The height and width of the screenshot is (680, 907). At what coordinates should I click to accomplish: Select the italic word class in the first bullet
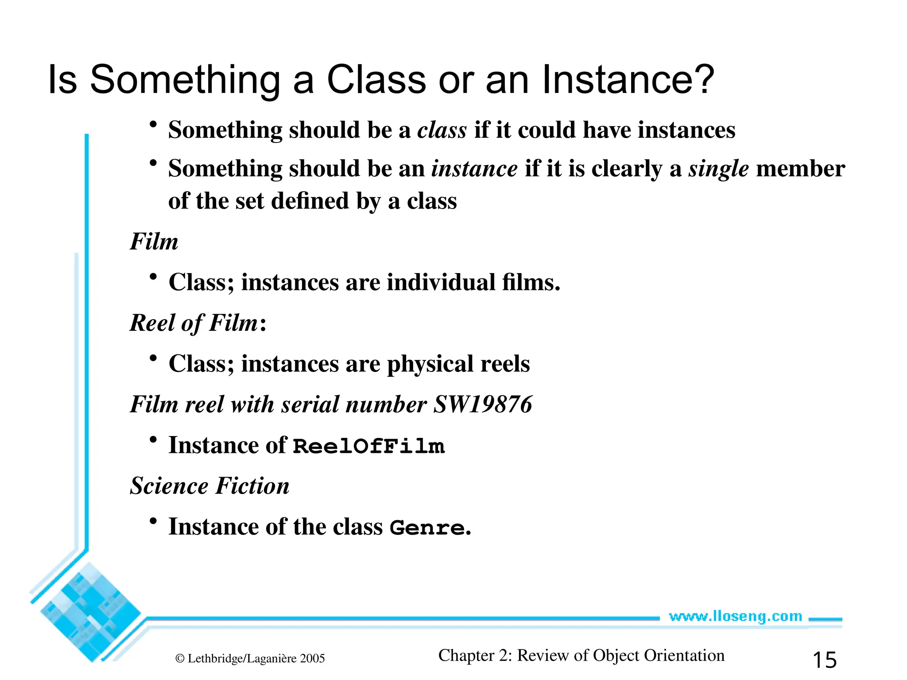tap(442, 130)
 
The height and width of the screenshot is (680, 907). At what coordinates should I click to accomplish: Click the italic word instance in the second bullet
tap(474, 169)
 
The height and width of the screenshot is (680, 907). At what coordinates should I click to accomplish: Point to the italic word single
tap(718, 169)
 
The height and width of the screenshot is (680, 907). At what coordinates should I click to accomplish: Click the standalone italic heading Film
tap(154, 242)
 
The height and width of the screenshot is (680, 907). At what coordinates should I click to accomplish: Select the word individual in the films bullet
tap(441, 282)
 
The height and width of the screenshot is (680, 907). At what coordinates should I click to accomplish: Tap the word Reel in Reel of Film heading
tap(152, 323)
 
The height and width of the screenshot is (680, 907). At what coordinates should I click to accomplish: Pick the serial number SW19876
tap(482, 404)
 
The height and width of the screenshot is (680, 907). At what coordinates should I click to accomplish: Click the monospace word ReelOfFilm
tap(368, 446)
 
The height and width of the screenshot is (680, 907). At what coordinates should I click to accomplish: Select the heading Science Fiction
tap(209, 486)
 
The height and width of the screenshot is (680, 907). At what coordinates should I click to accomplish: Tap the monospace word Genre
tap(427, 528)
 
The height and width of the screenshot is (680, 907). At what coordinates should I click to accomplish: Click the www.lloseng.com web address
tap(735, 616)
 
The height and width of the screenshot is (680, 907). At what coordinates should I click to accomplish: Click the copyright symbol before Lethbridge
tap(180, 659)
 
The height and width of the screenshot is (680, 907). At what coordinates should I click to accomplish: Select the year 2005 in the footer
tap(312, 659)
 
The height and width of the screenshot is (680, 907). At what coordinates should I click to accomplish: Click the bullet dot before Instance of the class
tap(153, 521)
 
